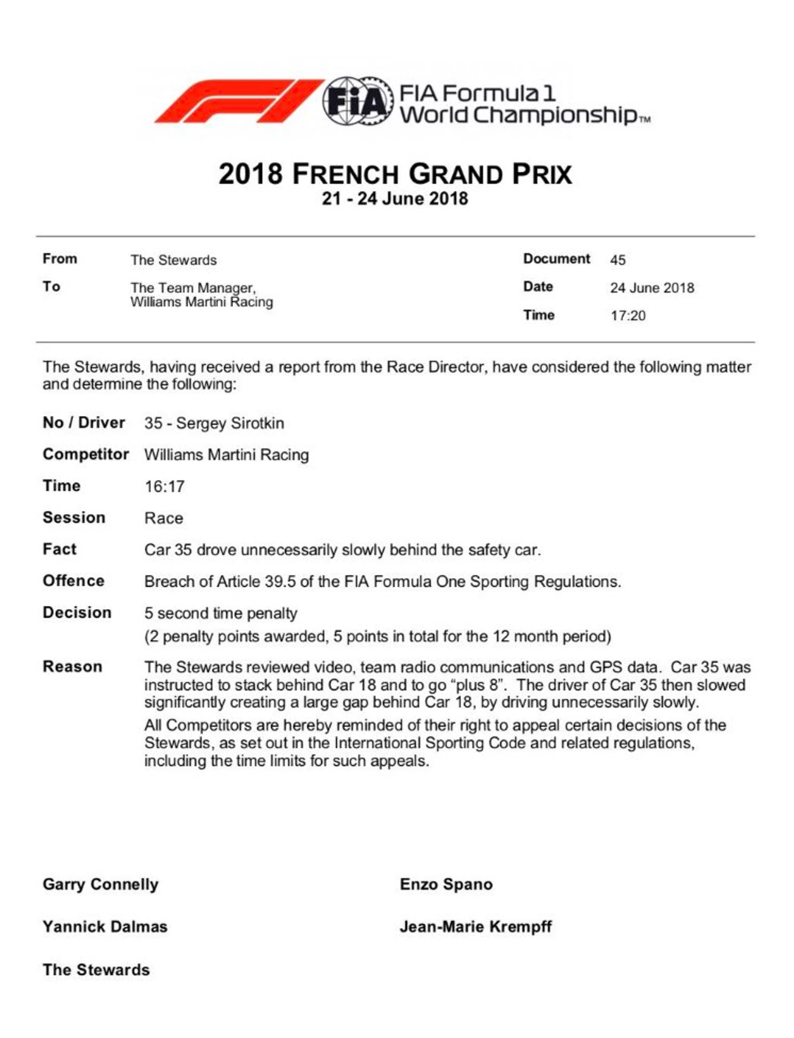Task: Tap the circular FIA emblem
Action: pyautogui.click(x=357, y=101)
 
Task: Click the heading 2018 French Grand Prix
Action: pyautogui.click(x=395, y=174)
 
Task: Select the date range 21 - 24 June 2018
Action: pyautogui.click(x=395, y=199)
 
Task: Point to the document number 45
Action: pyautogui.click(x=617, y=260)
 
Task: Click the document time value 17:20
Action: pyautogui.click(x=628, y=316)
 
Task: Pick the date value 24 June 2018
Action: pyautogui.click(x=652, y=288)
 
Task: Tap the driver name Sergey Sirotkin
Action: pyautogui.click(x=229, y=423)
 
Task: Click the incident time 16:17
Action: pyautogui.click(x=164, y=486)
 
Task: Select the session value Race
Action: pyautogui.click(x=164, y=518)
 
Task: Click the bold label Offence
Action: pyautogui.click(x=73, y=581)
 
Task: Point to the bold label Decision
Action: pyautogui.click(x=77, y=612)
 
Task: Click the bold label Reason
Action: pyautogui.click(x=72, y=666)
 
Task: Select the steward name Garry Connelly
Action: pyautogui.click(x=101, y=884)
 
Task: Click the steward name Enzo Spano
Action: pyautogui.click(x=446, y=884)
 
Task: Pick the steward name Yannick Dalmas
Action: pyautogui.click(x=105, y=926)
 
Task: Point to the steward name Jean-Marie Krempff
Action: pyautogui.click(x=475, y=926)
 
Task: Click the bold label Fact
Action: pyautogui.click(x=59, y=549)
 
